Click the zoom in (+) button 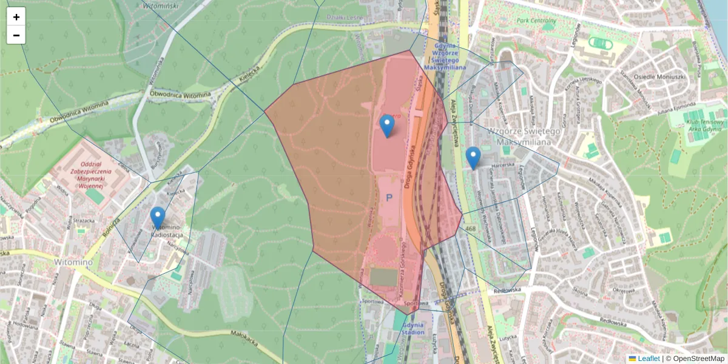click(16, 17)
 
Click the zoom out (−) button click(16, 35)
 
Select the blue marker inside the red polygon click(386, 126)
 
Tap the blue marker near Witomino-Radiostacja click(158, 218)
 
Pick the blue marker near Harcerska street click(473, 158)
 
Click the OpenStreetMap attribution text click(695, 359)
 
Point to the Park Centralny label click(536, 21)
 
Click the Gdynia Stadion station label click(412, 328)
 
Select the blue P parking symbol click(389, 198)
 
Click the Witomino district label click(56, 261)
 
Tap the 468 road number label click(470, 229)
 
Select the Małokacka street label click(246, 338)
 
